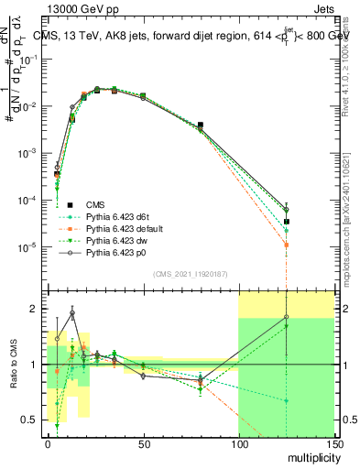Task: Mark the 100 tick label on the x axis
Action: click(x=238, y=442)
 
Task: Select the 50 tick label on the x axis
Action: click(x=143, y=442)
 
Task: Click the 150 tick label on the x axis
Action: click(x=333, y=442)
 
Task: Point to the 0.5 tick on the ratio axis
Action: click(x=32, y=420)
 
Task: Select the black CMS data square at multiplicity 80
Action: click(x=201, y=125)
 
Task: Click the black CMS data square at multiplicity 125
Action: click(x=287, y=222)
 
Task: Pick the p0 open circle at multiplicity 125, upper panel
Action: click(x=287, y=210)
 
